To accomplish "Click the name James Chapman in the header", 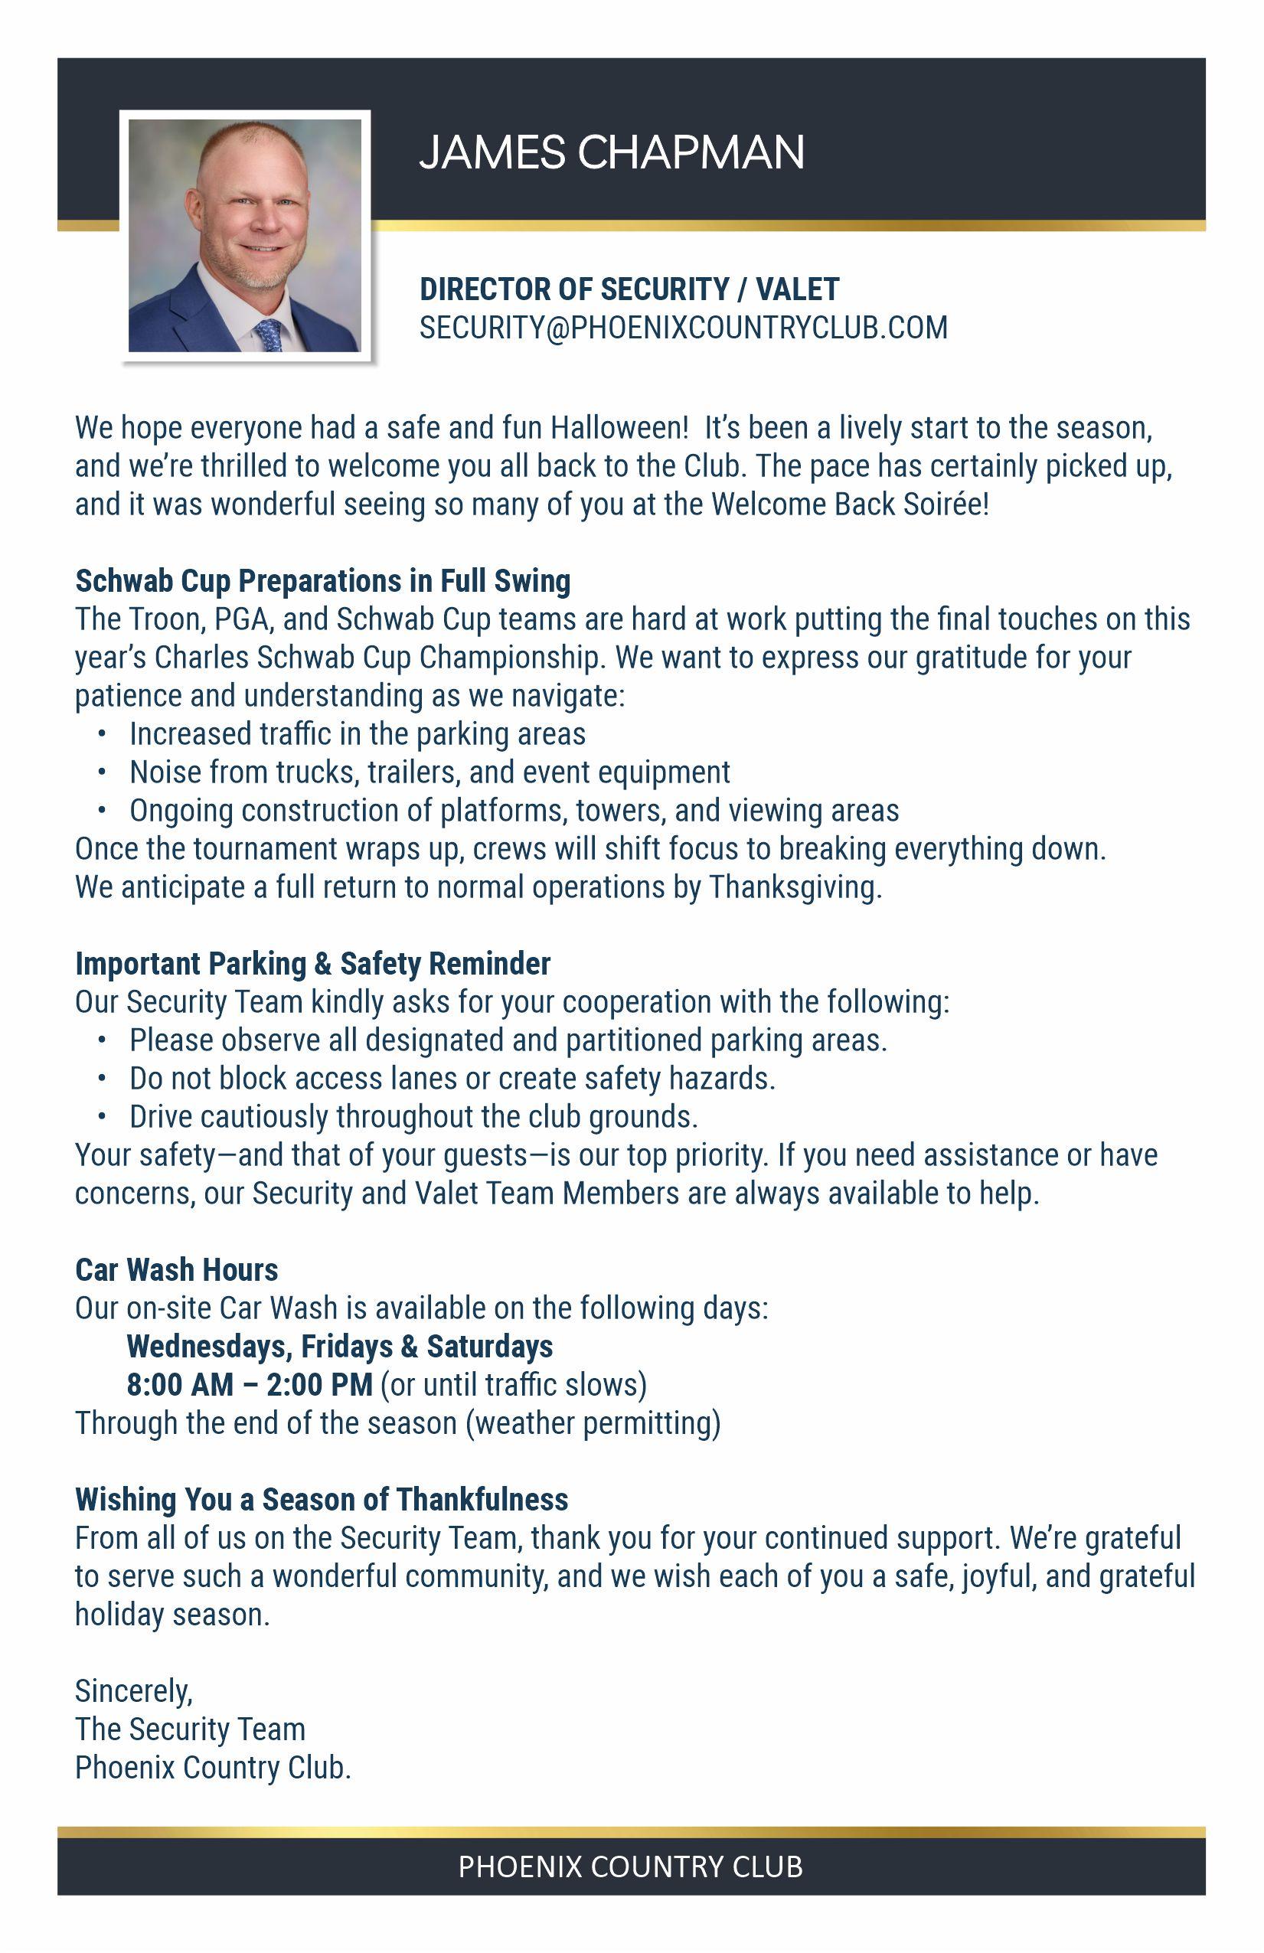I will click(612, 152).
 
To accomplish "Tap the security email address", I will click(683, 328).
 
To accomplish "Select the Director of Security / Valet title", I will click(629, 289).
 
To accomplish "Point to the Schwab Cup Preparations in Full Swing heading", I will click(322, 581).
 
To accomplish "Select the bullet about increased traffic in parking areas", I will click(357, 734).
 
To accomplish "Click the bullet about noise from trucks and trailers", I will click(429, 772).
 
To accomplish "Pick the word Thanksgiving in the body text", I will click(794, 887).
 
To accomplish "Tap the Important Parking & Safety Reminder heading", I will click(312, 963).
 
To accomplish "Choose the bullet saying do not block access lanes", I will click(452, 1078).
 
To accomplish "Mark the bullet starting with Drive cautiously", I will click(413, 1117).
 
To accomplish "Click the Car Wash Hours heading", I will click(176, 1270).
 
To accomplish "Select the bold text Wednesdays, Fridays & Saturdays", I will click(340, 1347).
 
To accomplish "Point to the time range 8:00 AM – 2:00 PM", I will click(250, 1385).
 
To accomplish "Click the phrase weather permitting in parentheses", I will click(593, 1423).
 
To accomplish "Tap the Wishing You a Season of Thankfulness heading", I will click(321, 1500).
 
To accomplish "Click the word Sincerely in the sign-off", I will click(133, 1691).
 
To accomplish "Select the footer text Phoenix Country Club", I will click(630, 1866).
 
